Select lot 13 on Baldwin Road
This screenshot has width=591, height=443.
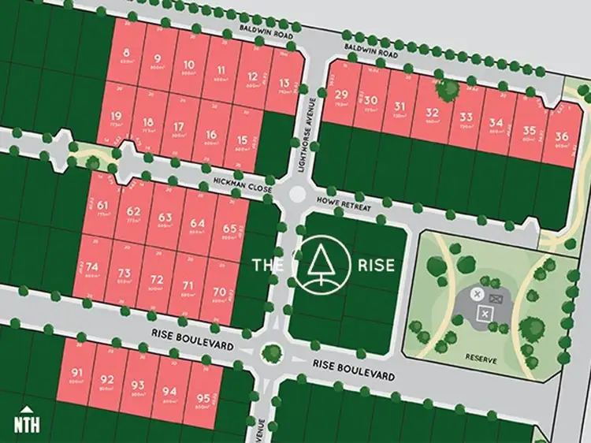point(284,83)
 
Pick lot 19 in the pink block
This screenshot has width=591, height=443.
point(117,120)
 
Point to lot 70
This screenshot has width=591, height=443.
point(220,295)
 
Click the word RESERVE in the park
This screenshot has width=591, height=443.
point(481,359)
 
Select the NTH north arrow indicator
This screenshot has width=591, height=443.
point(27,421)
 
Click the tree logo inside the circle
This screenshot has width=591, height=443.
point(321,263)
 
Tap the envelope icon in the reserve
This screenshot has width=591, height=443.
point(496,299)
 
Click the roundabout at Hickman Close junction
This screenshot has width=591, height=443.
point(296,194)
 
